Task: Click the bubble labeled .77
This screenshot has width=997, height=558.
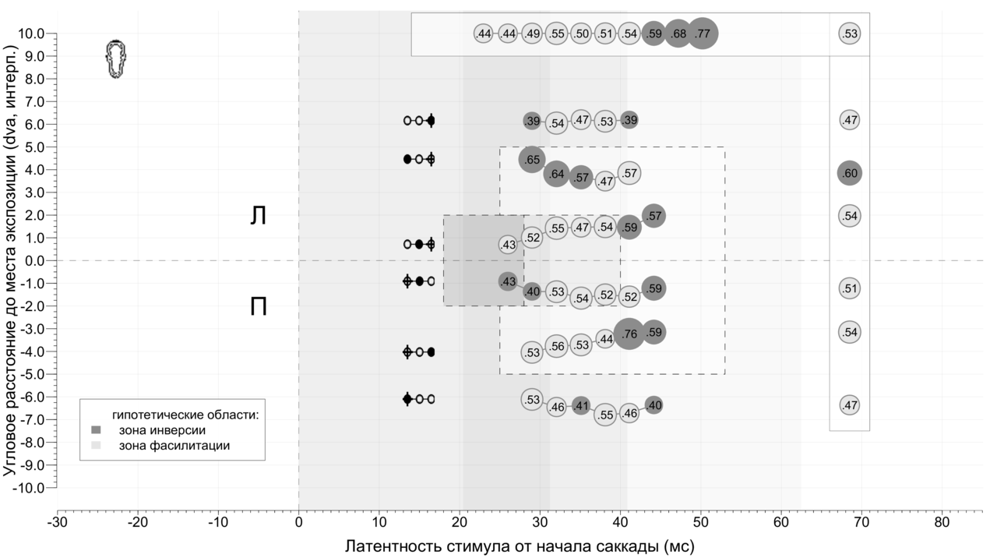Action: coord(703,34)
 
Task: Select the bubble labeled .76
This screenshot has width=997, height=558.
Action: coord(629,334)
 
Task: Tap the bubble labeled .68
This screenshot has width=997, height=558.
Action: coord(678,34)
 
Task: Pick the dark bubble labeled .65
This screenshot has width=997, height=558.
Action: coord(532,160)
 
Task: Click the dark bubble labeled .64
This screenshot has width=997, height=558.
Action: coord(556,174)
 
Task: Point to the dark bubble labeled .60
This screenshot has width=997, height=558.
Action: coord(850,174)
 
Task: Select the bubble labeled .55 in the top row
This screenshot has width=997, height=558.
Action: coord(556,34)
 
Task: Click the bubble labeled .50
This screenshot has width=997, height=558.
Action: coord(581,34)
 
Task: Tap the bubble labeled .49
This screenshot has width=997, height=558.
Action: coord(532,34)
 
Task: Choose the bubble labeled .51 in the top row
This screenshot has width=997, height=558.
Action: coord(605,34)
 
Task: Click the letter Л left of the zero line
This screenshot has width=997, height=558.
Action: coord(258,217)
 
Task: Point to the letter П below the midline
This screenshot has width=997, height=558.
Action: coord(259,307)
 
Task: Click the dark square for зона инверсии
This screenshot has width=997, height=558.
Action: coord(97,429)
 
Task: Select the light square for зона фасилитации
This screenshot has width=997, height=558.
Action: coord(97,445)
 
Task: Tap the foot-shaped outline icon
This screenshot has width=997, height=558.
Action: coord(116,60)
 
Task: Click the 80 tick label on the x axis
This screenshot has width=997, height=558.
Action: coord(942,521)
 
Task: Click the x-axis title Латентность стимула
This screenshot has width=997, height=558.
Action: coord(520,546)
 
